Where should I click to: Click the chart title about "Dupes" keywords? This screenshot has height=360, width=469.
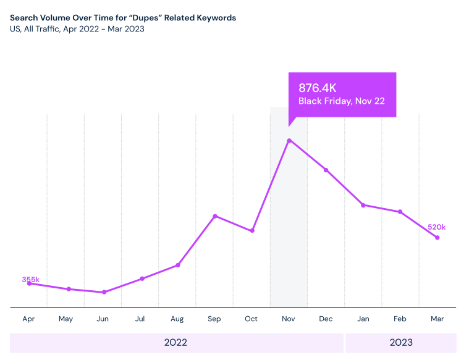[x=123, y=18]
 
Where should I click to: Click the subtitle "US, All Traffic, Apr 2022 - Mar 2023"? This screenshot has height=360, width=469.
[x=77, y=29]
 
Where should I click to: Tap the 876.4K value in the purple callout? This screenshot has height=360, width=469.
[x=318, y=87]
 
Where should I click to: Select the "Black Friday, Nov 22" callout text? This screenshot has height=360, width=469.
[x=342, y=101]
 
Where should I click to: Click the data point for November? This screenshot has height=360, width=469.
[x=289, y=141]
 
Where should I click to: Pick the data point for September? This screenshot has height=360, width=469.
[x=215, y=216]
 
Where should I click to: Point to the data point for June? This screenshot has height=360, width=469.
[x=104, y=292]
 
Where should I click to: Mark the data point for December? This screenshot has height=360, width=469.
[x=326, y=170]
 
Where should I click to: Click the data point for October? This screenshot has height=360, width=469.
[x=252, y=231]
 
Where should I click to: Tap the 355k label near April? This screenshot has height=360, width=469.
[x=31, y=280]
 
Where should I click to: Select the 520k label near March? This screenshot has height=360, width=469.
[x=436, y=227]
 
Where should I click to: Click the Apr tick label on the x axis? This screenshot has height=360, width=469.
[x=28, y=319]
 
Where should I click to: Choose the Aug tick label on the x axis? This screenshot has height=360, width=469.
[x=177, y=319]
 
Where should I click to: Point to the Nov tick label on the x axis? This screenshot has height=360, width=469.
[x=289, y=319]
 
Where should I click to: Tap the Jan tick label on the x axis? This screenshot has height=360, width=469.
[x=363, y=319]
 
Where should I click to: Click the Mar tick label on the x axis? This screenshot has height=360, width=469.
[x=437, y=319]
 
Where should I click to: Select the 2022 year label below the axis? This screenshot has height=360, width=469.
[x=175, y=343]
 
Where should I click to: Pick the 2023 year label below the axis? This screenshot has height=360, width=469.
[x=401, y=343]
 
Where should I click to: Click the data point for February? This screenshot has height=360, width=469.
[x=400, y=212]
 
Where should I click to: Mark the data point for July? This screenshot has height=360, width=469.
[x=142, y=278]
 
